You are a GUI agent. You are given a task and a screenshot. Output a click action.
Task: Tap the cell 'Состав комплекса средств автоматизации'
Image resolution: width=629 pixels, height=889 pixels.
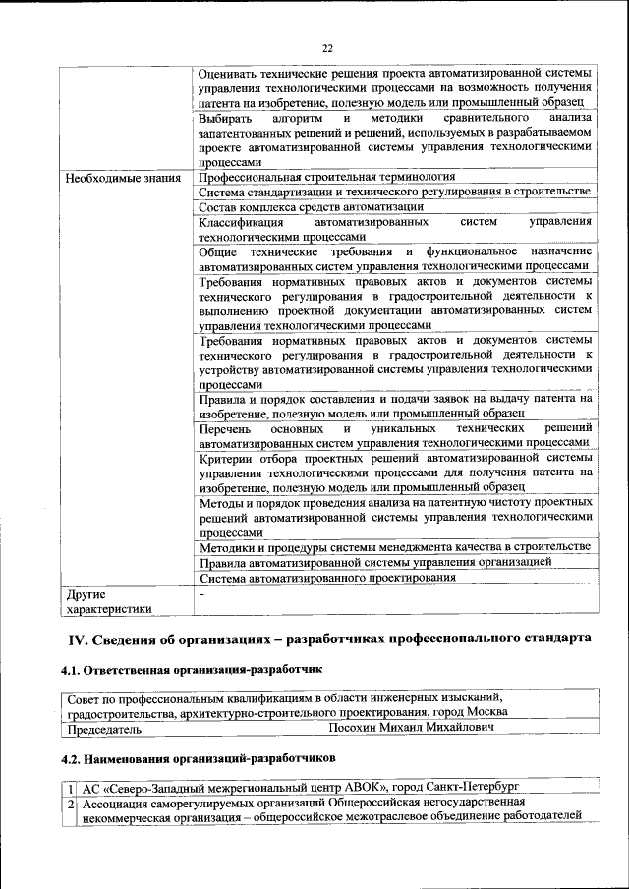[311, 207]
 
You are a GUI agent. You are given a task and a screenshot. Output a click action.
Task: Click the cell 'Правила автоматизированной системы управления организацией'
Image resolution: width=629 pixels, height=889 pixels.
[374, 562]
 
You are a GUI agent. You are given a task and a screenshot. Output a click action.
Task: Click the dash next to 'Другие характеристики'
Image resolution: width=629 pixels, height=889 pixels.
[201, 594]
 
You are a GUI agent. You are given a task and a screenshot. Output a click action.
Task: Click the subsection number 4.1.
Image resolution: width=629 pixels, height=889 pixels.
[72, 671]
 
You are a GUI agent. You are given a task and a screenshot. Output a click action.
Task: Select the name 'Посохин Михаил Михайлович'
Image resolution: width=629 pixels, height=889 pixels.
[411, 729]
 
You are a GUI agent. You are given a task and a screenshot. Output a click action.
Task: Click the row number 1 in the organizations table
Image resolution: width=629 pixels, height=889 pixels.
[71, 788]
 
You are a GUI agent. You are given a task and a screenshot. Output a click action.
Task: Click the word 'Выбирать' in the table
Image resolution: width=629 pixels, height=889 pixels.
[224, 118]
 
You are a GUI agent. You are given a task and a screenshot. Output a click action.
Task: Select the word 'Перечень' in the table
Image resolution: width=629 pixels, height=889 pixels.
[225, 429]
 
